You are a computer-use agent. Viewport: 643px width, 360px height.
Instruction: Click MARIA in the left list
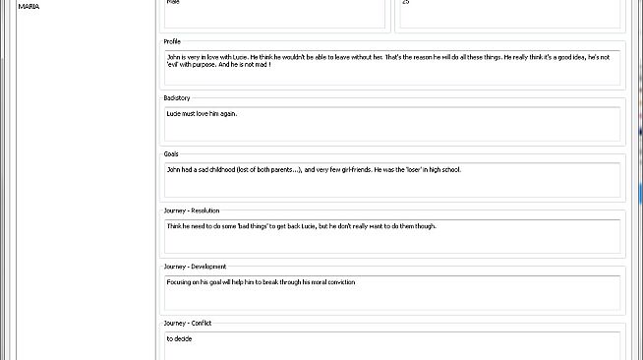(x=29, y=6)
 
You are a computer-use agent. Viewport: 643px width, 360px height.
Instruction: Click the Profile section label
(x=172, y=42)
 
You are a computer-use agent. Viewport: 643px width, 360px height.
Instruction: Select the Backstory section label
(x=177, y=98)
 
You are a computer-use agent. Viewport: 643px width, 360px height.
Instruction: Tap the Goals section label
(x=171, y=154)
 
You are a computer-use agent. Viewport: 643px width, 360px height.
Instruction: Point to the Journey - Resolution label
(x=192, y=210)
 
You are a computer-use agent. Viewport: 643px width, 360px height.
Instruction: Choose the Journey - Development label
(x=195, y=267)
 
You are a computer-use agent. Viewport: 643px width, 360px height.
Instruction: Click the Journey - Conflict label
(x=188, y=323)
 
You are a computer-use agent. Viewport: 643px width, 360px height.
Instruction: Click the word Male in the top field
(x=173, y=3)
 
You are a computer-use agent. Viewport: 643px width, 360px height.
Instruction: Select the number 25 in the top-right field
(x=406, y=3)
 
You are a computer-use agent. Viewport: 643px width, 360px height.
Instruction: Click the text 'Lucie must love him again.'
(x=203, y=113)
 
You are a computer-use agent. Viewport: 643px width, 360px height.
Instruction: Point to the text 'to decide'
(x=178, y=338)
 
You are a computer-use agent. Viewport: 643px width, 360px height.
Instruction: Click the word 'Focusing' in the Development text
(x=181, y=282)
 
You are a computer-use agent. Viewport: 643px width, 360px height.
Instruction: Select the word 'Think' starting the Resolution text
(x=175, y=226)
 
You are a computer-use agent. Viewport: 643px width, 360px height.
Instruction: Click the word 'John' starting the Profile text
(x=174, y=57)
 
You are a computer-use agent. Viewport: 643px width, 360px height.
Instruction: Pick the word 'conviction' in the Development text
(x=337, y=282)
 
